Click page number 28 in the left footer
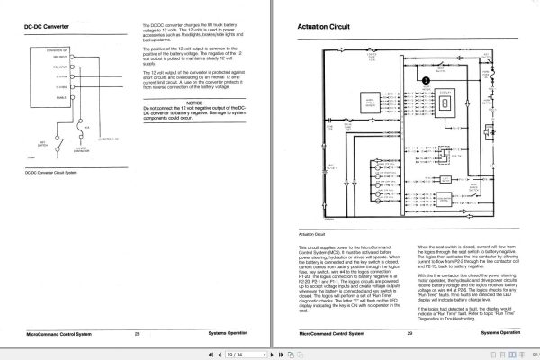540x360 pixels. tap(138, 333)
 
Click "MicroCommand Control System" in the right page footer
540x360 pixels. tap(329, 333)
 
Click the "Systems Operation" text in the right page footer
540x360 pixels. tap(499, 333)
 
